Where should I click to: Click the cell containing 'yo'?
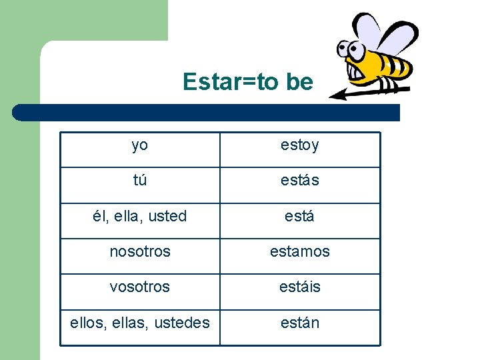click(140, 145)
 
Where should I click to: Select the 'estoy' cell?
click(299, 145)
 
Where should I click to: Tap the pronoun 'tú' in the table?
click(140, 181)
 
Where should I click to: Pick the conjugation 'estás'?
click(299, 181)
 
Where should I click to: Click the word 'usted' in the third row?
click(167, 216)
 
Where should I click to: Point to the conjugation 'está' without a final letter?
click(299, 216)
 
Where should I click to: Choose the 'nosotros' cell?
click(140, 252)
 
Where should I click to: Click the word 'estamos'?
click(299, 252)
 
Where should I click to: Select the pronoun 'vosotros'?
click(140, 287)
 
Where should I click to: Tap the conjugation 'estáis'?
click(299, 287)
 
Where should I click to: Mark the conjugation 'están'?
click(299, 323)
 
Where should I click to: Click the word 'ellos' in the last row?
click(87, 323)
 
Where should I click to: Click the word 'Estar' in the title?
click(207, 82)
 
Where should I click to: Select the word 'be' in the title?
click(298, 82)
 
